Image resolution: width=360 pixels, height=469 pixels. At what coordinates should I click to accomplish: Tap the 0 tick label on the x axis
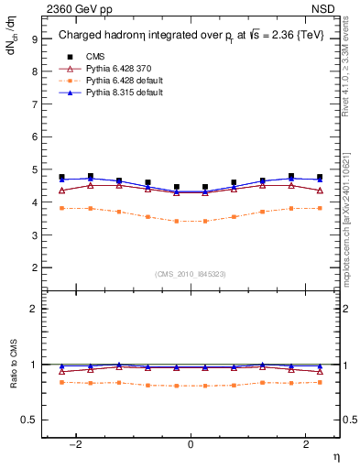tap(191, 444)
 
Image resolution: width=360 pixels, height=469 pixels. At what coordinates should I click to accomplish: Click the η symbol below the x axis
tap(335, 455)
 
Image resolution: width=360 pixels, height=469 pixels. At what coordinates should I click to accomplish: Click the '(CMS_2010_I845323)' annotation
tap(191, 273)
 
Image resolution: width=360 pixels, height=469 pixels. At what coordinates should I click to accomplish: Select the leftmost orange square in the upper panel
tap(61, 209)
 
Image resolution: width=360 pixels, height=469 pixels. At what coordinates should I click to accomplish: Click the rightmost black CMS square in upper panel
tap(320, 177)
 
